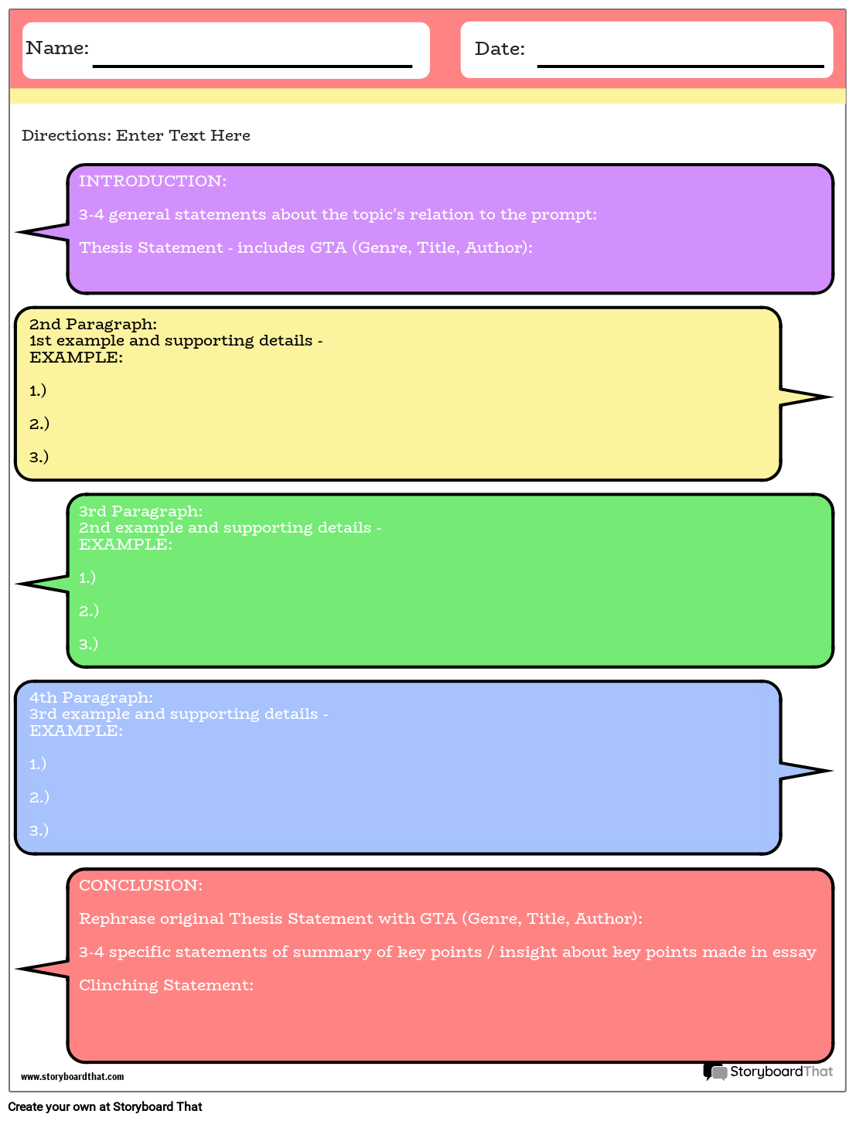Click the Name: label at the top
(x=57, y=48)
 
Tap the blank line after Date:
(x=680, y=65)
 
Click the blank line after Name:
(x=252, y=65)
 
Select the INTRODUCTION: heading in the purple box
(x=152, y=181)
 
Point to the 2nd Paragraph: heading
(x=93, y=324)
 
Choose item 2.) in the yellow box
(x=39, y=424)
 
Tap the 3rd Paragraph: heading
(x=141, y=511)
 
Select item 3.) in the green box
(x=88, y=643)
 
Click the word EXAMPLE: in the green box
(x=125, y=544)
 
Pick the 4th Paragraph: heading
(x=91, y=697)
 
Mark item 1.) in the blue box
(x=38, y=764)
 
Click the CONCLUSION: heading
(x=141, y=885)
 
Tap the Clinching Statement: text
(x=166, y=985)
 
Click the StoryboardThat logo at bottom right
(x=769, y=1072)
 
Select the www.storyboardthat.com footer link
(x=72, y=1076)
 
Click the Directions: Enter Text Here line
(x=136, y=135)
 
